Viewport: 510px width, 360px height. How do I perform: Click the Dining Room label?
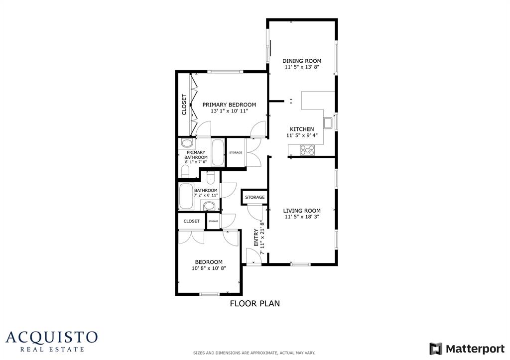pyautogui.click(x=302, y=61)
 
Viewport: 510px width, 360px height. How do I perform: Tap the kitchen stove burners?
pyautogui.click(x=307, y=149)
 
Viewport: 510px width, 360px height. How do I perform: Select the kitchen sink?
pyautogui.click(x=328, y=122)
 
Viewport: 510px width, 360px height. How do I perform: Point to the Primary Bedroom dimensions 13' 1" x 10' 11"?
pyautogui.click(x=229, y=111)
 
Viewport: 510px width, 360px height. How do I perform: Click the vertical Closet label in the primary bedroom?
pyautogui.click(x=184, y=105)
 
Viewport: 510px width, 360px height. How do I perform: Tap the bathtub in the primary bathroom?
pyautogui.click(x=218, y=153)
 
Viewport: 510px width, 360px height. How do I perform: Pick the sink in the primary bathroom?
pyautogui.click(x=184, y=143)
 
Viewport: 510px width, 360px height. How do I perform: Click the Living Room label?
pyautogui.click(x=302, y=211)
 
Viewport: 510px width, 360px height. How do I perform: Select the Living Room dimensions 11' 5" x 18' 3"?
pyautogui.click(x=302, y=217)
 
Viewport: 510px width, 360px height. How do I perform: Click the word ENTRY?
pyautogui.click(x=256, y=238)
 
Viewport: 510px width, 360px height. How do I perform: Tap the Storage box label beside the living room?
pyautogui.click(x=255, y=198)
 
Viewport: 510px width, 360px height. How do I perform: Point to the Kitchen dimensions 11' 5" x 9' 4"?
pyautogui.click(x=302, y=135)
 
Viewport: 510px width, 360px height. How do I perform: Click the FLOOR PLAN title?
pyautogui.click(x=255, y=303)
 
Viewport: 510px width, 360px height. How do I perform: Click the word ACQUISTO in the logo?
pyautogui.click(x=52, y=337)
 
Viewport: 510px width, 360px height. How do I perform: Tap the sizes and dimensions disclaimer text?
pyautogui.click(x=254, y=353)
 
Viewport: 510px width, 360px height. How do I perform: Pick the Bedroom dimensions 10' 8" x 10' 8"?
pyautogui.click(x=209, y=268)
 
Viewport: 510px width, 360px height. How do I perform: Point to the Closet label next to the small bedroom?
pyautogui.click(x=192, y=221)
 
